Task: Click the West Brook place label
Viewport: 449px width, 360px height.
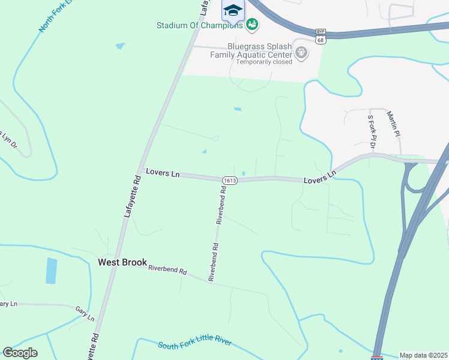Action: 122,262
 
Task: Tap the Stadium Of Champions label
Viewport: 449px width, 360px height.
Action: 199,25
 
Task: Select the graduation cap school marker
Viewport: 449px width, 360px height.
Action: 232,10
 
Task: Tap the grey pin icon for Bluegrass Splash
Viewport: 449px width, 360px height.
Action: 302,53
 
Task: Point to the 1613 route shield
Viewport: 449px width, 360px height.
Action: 229,179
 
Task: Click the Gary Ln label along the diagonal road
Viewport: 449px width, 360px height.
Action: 86,313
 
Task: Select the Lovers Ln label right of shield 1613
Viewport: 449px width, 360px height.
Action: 320,178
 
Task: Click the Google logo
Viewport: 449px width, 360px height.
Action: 20,352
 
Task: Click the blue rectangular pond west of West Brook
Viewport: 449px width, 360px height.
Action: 52,271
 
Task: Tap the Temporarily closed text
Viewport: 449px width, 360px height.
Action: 264,62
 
